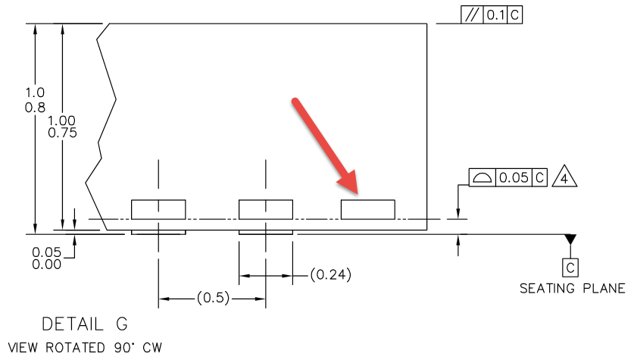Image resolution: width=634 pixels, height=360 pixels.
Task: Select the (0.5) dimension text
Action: [x=212, y=298]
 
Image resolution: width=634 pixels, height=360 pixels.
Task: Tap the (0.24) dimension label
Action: [x=331, y=274]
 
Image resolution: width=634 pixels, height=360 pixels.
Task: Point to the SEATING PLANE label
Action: [x=572, y=289]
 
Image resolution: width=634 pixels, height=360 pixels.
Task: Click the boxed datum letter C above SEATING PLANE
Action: [x=570, y=266]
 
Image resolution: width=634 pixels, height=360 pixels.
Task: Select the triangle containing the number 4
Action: [x=561, y=178]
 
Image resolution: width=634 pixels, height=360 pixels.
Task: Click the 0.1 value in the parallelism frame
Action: [x=495, y=15]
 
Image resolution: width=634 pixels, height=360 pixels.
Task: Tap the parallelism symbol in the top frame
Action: [x=472, y=15]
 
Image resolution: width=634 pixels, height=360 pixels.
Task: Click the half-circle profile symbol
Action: [x=481, y=178]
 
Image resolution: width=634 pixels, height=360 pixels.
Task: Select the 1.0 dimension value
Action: [x=35, y=92]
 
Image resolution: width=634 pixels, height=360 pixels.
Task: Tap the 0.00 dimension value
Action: [x=46, y=264]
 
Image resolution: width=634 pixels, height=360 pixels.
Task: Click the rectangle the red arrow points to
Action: [x=367, y=209]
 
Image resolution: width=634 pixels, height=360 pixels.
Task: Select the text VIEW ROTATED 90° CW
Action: [x=82, y=348]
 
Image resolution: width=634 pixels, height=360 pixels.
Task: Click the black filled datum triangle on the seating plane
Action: [x=570, y=239]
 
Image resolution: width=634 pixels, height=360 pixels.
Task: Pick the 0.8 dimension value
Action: [x=35, y=107]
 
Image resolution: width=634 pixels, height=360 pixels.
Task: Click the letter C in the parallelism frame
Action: [x=515, y=15]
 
